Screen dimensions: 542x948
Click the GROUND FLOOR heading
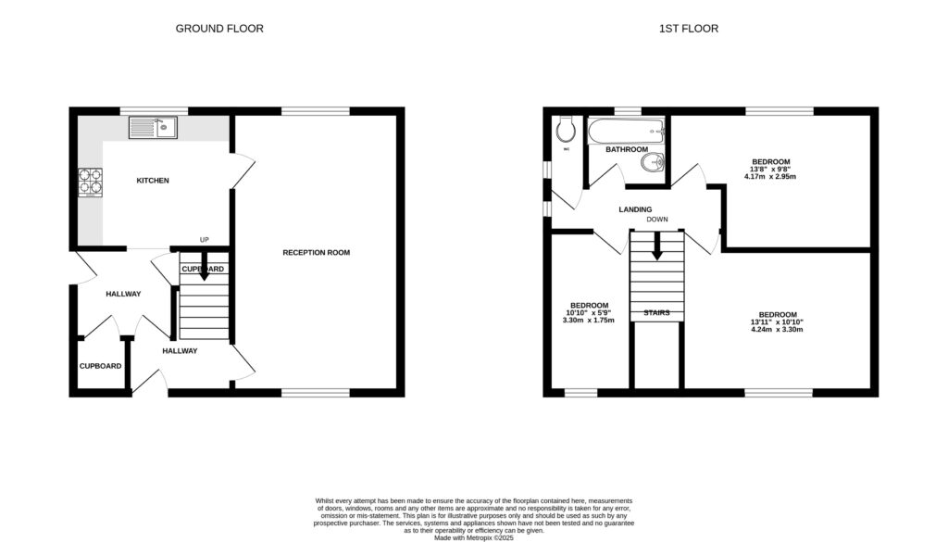tap(219, 29)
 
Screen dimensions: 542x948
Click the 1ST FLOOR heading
tap(688, 29)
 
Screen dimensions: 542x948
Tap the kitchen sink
tap(153, 127)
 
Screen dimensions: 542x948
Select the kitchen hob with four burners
tap(92, 181)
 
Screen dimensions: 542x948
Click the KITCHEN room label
tap(153, 181)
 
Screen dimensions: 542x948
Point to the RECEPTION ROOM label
tap(317, 252)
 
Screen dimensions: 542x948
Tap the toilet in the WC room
tap(566, 127)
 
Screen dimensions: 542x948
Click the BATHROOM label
tap(627, 149)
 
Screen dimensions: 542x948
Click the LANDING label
tap(635, 209)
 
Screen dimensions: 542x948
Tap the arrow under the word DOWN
tap(656, 246)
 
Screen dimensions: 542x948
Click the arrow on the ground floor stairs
tap(204, 271)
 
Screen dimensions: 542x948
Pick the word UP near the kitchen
tap(205, 239)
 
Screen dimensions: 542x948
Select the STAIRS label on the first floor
tap(656, 313)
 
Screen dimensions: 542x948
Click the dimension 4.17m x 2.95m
tap(773, 176)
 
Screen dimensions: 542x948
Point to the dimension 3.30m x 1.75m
tap(589, 320)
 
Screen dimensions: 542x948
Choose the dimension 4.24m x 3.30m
tap(777, 329)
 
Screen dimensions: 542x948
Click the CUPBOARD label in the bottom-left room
tap(100, 366)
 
